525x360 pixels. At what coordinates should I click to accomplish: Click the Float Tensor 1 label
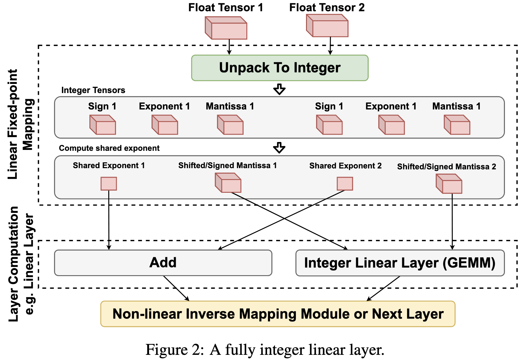225,8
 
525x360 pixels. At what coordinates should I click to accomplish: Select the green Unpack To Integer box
280,68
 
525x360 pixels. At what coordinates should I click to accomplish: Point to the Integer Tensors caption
93,90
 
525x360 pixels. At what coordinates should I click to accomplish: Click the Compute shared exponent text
109,148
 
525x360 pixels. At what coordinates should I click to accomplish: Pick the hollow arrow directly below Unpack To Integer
279,89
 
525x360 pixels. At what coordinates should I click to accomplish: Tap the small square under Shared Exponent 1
109,184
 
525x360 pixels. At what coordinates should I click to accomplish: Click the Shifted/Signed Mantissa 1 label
227,165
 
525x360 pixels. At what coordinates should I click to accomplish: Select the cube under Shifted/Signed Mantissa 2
449,184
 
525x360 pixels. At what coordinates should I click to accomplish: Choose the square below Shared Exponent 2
345,184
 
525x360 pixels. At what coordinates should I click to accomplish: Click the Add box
163,263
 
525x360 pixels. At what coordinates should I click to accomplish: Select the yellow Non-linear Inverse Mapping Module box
277,314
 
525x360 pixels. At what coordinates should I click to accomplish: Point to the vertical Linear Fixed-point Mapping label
21,125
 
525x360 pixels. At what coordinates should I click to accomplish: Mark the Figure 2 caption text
265,350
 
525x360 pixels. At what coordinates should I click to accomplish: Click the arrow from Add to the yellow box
176,288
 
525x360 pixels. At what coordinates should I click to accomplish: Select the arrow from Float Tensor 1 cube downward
229,47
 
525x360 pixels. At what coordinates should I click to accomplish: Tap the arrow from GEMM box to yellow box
383,288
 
